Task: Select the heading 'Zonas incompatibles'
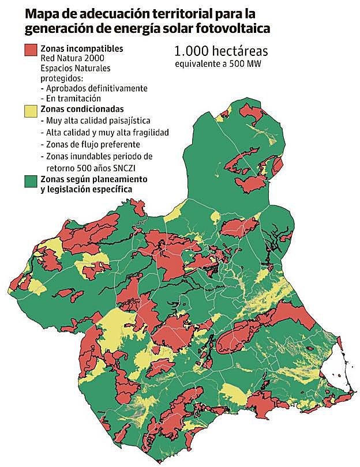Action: point(82,49)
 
